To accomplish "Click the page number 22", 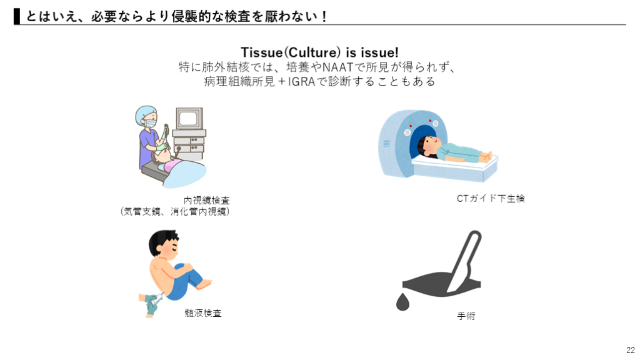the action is coord(631,350).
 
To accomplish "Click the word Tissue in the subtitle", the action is coord(262,52).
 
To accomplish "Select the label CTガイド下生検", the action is coord(491,198).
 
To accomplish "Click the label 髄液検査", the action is coord(203,313).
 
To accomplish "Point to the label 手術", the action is coord(466,316).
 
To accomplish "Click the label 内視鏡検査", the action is coord(206,201).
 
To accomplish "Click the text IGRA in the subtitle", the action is coord(302,82).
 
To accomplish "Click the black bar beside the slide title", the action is coord(17,16).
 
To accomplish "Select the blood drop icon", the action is coord(402,302).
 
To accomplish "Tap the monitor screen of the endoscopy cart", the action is coord(188,119).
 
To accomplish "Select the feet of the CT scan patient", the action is coord(487,157).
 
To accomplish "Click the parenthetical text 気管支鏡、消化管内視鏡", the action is coord(175,211).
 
